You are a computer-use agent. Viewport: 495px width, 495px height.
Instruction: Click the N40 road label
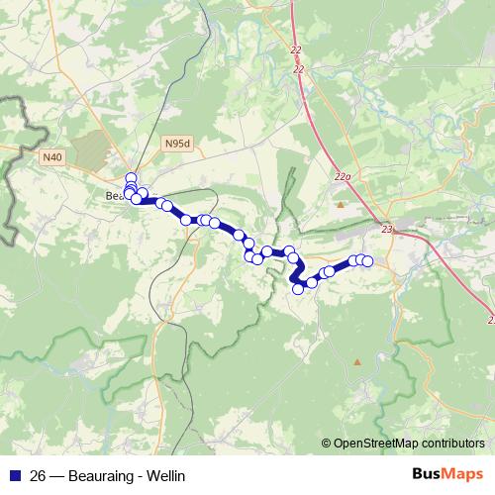tap(51, 156)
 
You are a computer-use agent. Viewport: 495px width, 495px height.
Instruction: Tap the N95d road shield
tap(178, 144)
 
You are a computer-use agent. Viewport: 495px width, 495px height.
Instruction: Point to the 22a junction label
tap(343, 176)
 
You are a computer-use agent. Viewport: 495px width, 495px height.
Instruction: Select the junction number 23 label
tap(387, 230)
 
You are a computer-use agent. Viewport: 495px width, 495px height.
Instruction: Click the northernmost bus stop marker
tap(131, 178)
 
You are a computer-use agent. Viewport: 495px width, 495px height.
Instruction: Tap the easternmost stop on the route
tap(367, 261)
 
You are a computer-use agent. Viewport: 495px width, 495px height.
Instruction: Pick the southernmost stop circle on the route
tap(297, 289)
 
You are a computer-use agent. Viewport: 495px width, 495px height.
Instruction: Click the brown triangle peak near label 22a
tap(341, 205)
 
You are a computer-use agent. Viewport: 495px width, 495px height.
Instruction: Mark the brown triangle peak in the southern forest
tap(356, 362)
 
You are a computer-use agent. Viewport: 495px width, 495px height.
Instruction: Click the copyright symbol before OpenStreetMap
tap(327, 445)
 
